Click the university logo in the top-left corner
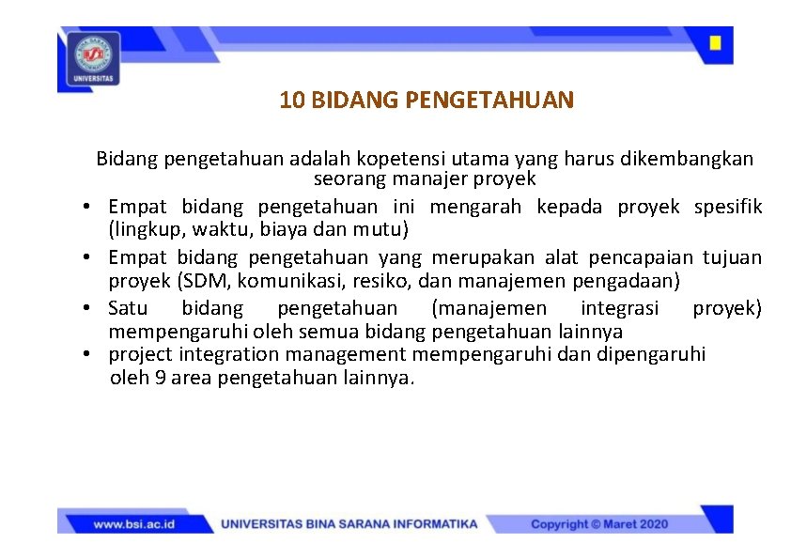(x=94, y=57)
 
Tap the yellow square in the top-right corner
(x=715, y=43)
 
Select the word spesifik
(x=728, y=206)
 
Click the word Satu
(x=128, y=308)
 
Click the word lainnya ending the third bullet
(x=590, y=332)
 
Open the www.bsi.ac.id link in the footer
(x=135, y=524)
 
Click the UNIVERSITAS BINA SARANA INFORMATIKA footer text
(x=349, y=524)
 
